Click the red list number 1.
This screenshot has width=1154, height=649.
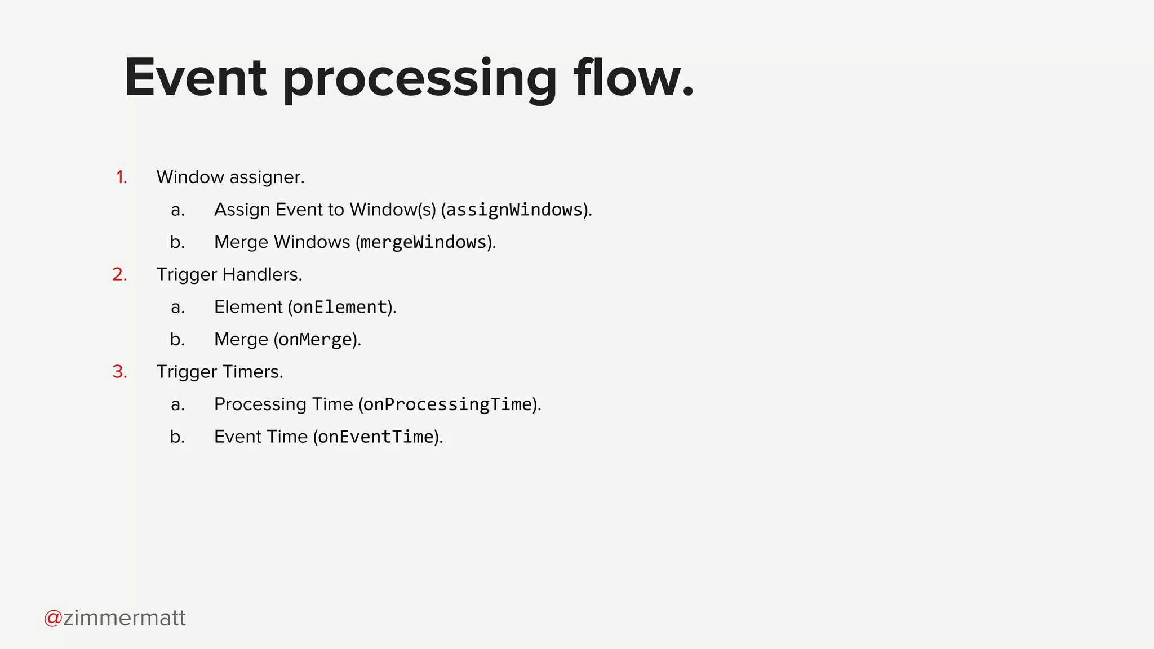[121, 177]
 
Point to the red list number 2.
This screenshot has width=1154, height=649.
[119, 274]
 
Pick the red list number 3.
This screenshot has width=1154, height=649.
[119, 372]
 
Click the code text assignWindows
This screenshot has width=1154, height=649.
[514, 210]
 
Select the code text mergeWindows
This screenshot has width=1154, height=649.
[423, 242]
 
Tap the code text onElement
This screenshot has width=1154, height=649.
[340, 307]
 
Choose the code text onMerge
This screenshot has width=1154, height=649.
[315, 340]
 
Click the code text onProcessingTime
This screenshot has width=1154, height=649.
[448, 404]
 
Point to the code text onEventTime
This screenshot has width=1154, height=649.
[376, 437]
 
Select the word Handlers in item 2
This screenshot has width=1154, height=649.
[262, 274]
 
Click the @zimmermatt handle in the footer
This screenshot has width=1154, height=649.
[115, 618]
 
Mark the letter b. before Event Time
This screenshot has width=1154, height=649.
[177, 437]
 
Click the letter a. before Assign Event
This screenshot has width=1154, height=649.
[177, 210]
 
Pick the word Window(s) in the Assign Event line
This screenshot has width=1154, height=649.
[393, 210]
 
